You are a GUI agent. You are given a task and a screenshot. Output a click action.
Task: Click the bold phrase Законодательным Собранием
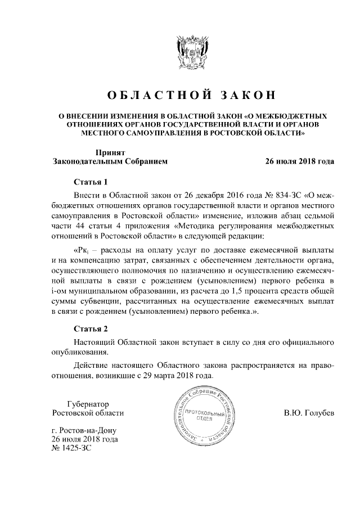110,161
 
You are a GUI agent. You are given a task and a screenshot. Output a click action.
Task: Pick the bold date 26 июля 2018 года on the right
300,161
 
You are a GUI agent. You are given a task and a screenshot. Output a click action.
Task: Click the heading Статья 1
90,182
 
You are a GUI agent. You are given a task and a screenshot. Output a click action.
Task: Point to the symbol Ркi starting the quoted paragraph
82,249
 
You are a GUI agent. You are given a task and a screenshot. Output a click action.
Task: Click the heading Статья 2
90,328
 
